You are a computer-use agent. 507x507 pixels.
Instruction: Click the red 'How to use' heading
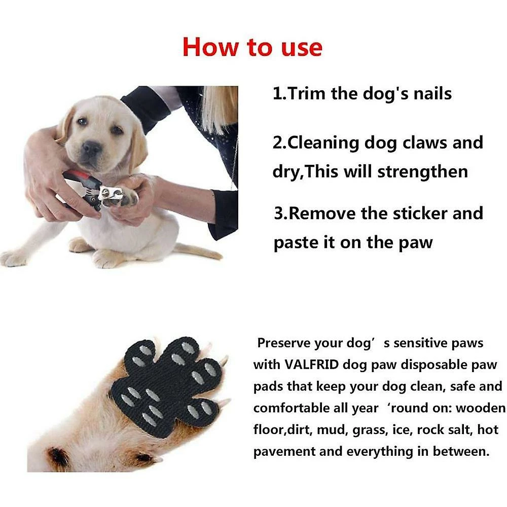[252, 47]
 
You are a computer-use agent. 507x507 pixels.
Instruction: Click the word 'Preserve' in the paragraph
[283, 343]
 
